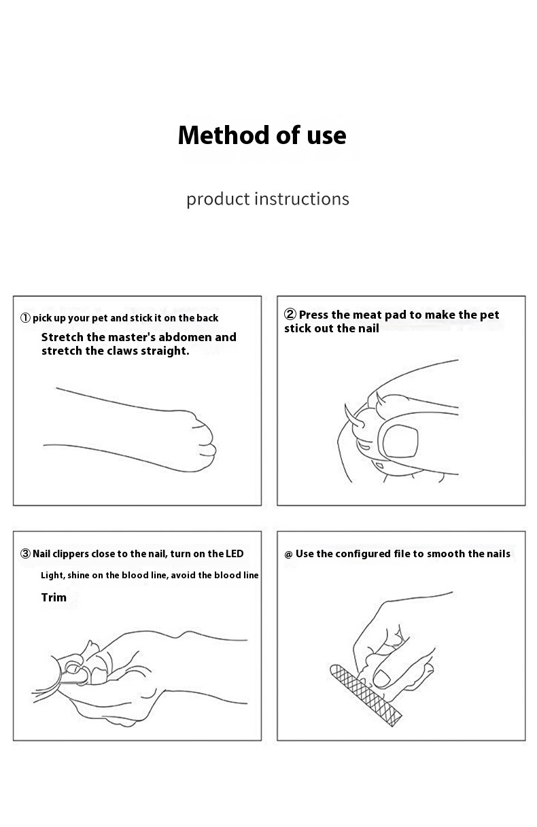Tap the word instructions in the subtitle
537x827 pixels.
[302, 199]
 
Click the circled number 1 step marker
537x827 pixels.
[25, 318]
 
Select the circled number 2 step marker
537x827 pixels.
[290, 314]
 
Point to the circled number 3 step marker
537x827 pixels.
[25, 553]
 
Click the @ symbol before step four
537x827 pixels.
[288, 555]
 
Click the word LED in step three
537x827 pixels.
[234, 553]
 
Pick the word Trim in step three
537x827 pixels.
[54, 597]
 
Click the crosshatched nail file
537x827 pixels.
[366, 695]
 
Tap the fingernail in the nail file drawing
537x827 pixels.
[382, 679]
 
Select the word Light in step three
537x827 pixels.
[50, 575]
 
